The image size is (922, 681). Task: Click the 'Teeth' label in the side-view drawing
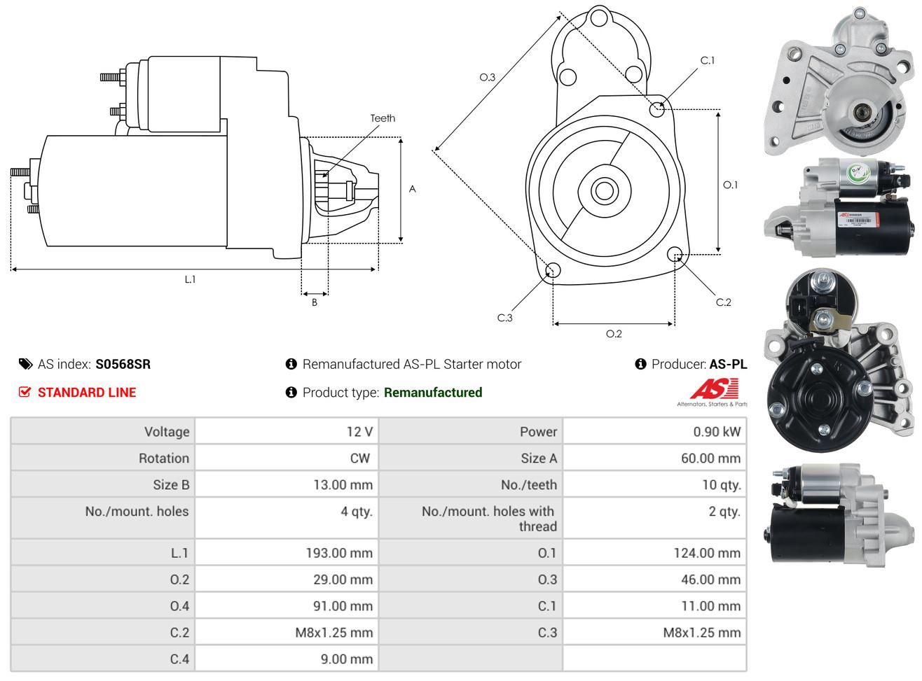(383, 118)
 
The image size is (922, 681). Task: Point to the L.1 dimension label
(190, 279)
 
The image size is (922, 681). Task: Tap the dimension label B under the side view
(315, 302)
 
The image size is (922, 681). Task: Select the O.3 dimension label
(487, 77)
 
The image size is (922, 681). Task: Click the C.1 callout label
(708, 61)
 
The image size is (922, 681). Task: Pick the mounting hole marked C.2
(675, 254)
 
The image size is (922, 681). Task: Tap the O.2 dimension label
(614, 334)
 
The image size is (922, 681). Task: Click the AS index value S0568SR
(123, 364)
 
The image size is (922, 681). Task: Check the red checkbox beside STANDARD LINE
(25, 392)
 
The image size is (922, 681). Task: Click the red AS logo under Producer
(713, 390)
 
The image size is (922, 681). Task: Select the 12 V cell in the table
(359, 431)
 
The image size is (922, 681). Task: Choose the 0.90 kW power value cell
(717, 431)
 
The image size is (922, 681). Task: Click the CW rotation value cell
(359, 458)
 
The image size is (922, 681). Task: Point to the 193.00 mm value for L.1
(339, 553)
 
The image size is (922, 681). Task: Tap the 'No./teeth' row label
(529, 484)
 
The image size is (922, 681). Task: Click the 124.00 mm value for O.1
(707, 553)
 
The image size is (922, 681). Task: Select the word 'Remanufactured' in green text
(433, 393)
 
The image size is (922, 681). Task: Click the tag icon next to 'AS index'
(25, 364)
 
